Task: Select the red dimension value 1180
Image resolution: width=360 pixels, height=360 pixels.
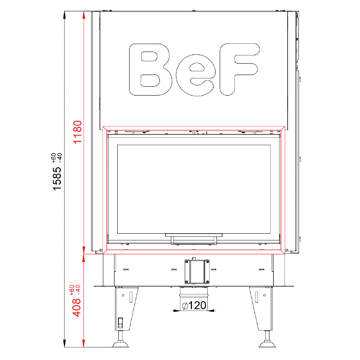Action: [77, 132]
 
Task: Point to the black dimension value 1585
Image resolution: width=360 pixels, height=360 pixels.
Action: [57, 178]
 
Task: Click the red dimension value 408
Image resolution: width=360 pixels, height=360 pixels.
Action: [76, 308]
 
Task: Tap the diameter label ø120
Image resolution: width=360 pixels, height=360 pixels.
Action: [194, 305]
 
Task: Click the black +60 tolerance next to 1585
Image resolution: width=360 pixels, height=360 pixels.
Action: [54, 158]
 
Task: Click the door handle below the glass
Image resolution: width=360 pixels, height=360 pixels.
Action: [194, 239]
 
